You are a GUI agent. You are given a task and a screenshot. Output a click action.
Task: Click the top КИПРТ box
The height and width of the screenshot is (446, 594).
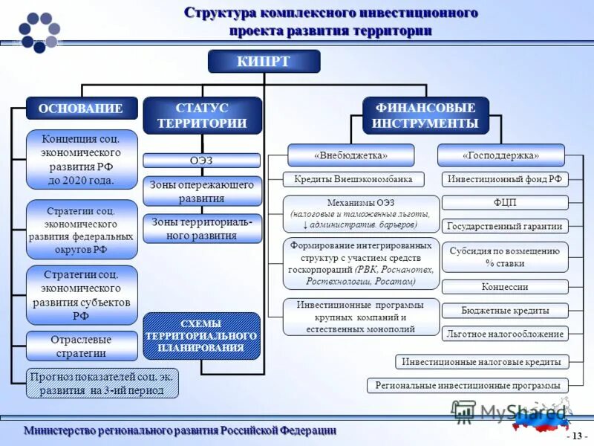pyautogui.click(x=264, y=61)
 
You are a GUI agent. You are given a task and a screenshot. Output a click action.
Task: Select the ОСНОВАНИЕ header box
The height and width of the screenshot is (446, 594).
pyautogui.click(x=82, y=109)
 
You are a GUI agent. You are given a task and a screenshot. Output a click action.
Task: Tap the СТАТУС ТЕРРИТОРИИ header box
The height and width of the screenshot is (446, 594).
pyautogui.click(x=202, y=116)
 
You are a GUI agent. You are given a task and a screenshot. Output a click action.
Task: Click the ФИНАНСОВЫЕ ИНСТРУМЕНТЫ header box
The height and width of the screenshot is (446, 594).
pyautogui.click(x=425, y=116)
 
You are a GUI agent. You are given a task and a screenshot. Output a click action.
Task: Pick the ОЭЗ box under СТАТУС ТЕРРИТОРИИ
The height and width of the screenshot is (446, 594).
pyautogui.click(x=201, y=160)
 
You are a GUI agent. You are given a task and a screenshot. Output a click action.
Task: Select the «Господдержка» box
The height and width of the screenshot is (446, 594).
pyautogui.click(x=500, y=155)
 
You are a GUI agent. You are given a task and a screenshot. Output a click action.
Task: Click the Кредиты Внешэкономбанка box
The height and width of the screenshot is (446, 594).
pyautogui.click(x=353, y=179)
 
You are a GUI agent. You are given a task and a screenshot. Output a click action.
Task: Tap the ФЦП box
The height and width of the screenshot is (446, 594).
pyautogui.click(x=505, y=202)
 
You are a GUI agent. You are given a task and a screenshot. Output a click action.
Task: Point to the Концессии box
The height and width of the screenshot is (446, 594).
pyautogui.click(x=505, y=287)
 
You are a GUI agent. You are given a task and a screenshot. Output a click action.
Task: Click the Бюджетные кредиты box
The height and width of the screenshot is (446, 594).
pyautogui.click(x=505, y=311)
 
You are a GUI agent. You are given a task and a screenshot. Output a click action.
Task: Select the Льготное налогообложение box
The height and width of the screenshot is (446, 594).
pyautogui.click(x=505, y=334)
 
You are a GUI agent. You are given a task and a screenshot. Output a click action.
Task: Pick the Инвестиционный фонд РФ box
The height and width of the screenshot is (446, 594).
pyautogui.click(x=505, y=179)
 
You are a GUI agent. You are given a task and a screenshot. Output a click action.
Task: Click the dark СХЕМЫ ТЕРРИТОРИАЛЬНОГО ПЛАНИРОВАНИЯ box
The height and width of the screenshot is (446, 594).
pyautogui.click(x=201, y=336)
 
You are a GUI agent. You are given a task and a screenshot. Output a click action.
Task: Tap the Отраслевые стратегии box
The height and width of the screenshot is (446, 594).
pyautogui.click(x=82, y=346)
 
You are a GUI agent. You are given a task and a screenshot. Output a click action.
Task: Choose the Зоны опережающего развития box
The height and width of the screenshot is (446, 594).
pyautogui.click(x=202, y=192)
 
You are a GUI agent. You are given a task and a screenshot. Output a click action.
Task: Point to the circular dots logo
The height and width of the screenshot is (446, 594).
pyautogui.click(x=39, y=32)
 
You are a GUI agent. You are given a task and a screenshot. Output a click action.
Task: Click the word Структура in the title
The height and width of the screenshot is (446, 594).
pyautogui.click(x=220, y=13)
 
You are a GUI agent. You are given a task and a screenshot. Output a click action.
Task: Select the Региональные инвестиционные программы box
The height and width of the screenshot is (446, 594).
pyautogui.click(x=468, y=385)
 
